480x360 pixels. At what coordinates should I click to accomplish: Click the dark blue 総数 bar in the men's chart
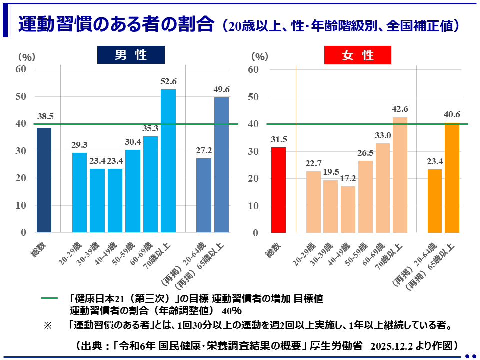pos(44,180)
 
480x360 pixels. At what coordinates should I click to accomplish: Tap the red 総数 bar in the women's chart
pos(278,190)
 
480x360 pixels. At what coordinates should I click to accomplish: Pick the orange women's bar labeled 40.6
pos(452,178)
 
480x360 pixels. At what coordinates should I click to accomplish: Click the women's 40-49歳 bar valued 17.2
pos(348,209)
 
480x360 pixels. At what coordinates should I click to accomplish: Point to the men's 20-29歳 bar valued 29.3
pos(79,193)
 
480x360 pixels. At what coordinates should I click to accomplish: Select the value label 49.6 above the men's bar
pos(221,89)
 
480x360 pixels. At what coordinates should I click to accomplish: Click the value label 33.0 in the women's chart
pos(383,135)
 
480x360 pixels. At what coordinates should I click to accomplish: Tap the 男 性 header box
pos(131,55)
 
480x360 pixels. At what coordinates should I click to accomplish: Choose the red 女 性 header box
pos(358,55)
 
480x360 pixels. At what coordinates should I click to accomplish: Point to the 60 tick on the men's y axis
pos(20,69)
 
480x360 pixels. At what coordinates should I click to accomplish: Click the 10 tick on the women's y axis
pos(253,205)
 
